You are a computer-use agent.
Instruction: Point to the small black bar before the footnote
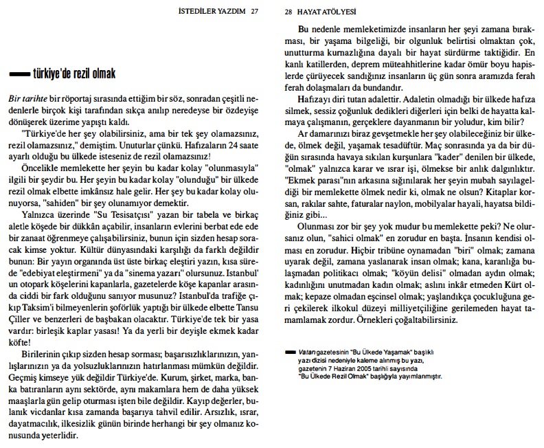pyautogui.click(x=286, y=352)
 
